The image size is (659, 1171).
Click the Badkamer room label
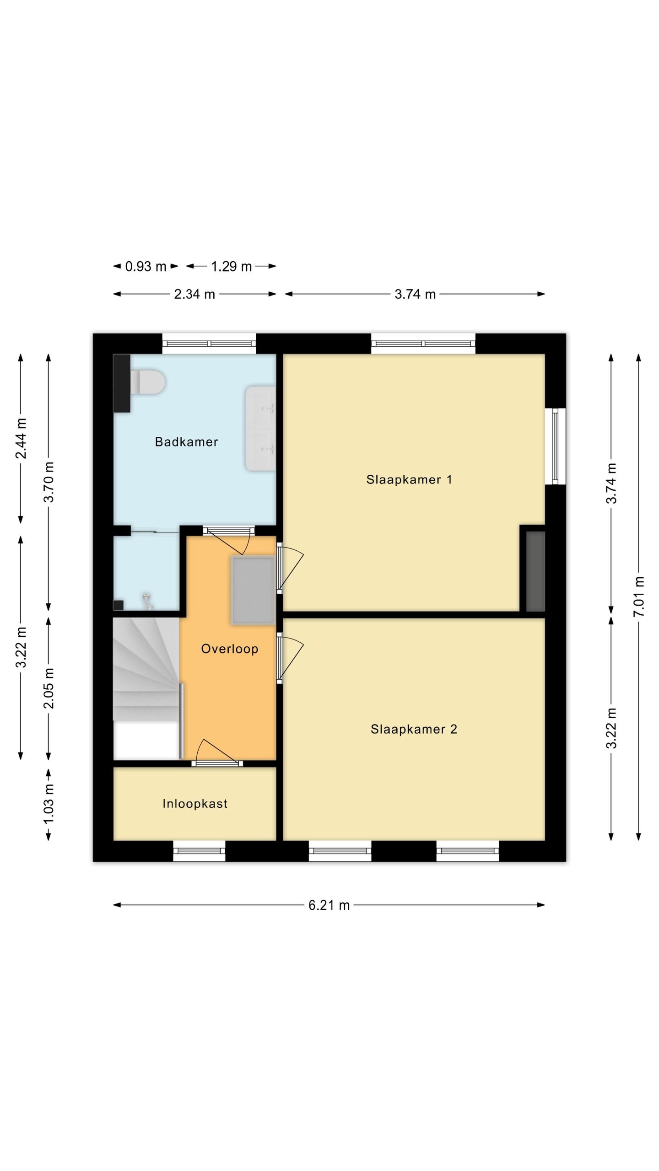click(x=186, y=442)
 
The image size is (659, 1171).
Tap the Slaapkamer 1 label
click(x=409, y=479)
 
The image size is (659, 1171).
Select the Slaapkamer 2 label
click(x=414, y=729)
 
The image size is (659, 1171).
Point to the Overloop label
click(x=230, y=649)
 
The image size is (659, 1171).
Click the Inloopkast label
click(x=195, y=804)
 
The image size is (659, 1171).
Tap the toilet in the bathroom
click(x=147, y=382)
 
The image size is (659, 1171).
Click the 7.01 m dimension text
click(x=639, y=596)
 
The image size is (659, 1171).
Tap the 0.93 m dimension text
click(x=146, y=266)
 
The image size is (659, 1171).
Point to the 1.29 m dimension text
click(x=231, y=266)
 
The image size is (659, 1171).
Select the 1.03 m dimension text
click(x=49, y=804)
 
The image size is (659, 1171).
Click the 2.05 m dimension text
click(x=49, y=688)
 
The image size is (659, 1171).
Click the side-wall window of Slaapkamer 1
click(x=555, y=446)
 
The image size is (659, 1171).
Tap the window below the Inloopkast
click(x=199, y=851)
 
